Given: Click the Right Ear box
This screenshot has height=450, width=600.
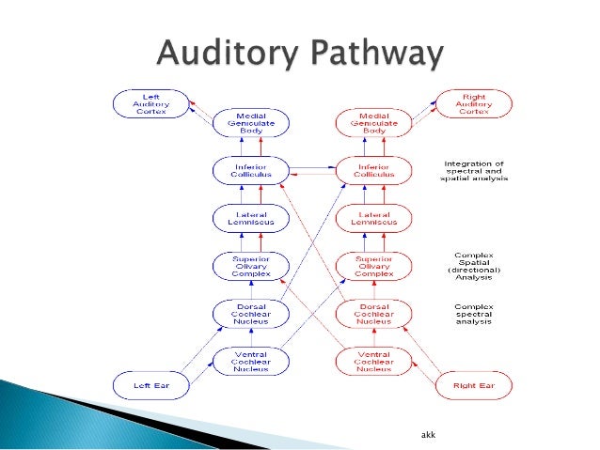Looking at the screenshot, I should tap(474, 385).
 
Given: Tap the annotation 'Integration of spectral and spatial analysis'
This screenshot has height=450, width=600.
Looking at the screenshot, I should tap(476, 171).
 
